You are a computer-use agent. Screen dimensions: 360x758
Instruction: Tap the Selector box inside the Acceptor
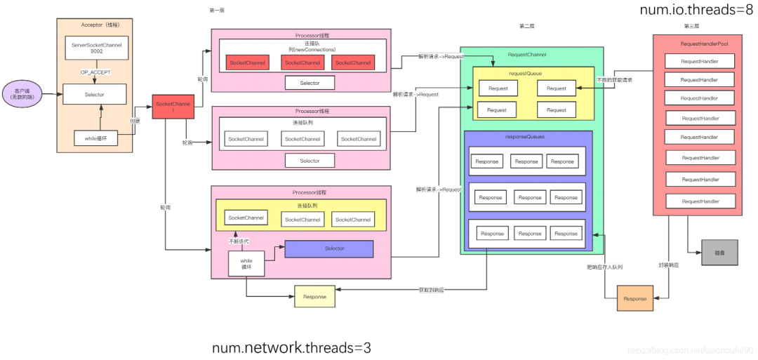95,95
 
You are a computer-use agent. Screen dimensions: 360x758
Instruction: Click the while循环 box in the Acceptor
95,138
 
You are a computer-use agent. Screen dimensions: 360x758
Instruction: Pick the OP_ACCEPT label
95,72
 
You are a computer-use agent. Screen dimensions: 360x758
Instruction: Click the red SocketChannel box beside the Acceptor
173,107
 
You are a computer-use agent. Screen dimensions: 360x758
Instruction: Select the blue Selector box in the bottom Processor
334,248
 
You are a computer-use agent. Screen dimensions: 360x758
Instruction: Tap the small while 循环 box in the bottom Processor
246,264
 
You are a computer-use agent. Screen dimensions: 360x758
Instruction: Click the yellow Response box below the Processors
314,297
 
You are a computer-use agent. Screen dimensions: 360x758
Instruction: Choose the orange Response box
634,298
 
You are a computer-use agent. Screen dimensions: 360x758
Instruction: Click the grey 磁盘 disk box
719,252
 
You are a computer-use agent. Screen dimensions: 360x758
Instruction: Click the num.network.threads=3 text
291,347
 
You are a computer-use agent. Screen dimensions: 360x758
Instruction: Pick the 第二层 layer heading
527,26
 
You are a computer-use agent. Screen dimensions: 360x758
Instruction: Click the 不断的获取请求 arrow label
614,80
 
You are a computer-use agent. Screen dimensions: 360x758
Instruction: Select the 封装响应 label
667,265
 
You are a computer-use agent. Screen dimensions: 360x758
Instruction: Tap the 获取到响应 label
432,289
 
